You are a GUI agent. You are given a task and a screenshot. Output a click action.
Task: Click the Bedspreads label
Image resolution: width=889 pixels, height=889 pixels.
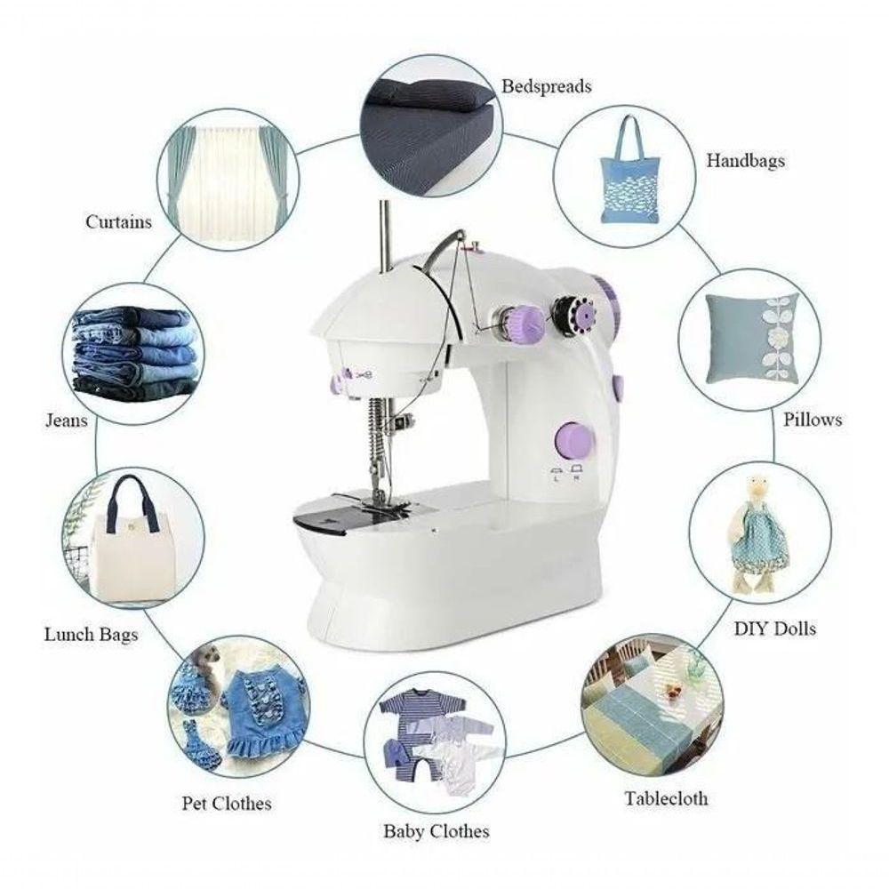pyautogui.click(x=547, y=87)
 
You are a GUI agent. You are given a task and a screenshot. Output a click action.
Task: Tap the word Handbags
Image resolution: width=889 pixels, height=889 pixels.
pyautogui.click(x=746, y=161)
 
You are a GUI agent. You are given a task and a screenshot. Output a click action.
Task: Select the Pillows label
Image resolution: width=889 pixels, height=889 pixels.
pyautogui.click(x=813, y=420)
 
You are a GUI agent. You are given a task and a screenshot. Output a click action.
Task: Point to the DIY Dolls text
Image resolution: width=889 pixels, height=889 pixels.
pyautogui.click(x=775, y=629)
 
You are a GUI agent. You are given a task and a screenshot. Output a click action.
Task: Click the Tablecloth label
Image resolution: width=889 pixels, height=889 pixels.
pyautogui.click(x=666, y=798)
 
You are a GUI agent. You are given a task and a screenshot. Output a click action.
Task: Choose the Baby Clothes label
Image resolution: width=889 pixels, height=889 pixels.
pyautogui.click(x=436, y=831)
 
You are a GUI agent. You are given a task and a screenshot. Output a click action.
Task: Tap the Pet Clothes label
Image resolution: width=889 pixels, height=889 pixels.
pyautogui.click(x=226, y=804)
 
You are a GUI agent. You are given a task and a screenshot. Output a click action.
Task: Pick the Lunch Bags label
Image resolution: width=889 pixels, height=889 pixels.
pyautogui.click(x=92, y=635)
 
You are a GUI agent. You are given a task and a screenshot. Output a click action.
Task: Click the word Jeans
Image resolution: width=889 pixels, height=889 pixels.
pyautogui.click(x=67, y=420)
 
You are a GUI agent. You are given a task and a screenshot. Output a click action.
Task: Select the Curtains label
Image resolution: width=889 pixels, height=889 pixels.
pyautogui.click(x=118, y=221)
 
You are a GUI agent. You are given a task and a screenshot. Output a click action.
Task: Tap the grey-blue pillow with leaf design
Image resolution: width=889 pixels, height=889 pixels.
pyautogui.click(x=751, y=339)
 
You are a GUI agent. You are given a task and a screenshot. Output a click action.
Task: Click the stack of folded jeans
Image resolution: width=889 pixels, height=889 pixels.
pyautogui.click(x=135, y=353)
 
